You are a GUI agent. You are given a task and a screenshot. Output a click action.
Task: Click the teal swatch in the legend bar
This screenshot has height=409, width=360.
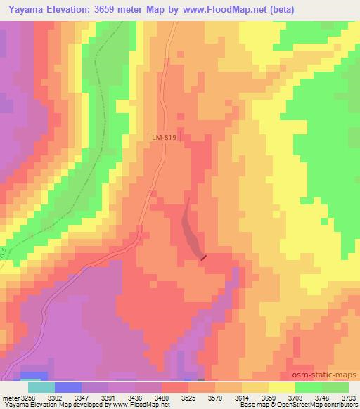click(x=41, y=387)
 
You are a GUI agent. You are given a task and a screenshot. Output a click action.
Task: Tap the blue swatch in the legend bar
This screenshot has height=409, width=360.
click(x=67, y=387)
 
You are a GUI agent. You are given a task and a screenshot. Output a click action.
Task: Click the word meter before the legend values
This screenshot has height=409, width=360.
click(x=8, y=397)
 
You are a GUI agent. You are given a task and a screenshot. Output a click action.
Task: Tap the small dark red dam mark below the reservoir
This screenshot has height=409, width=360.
click(x=204, y=258)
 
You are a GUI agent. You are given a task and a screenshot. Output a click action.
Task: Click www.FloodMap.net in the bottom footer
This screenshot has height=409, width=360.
click(x=129, y=405)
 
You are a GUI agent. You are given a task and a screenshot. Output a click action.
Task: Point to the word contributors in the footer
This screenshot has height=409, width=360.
click(x=336, y=405)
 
